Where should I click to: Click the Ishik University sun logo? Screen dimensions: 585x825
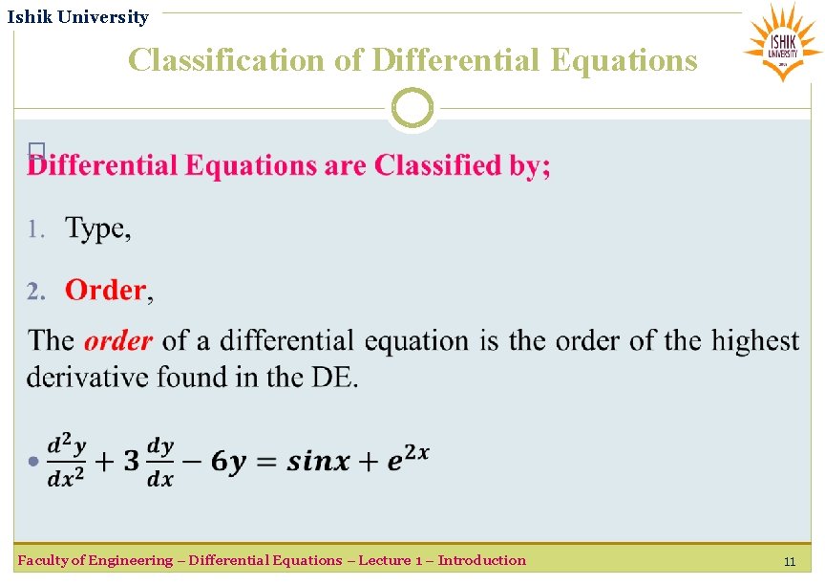(782, 40)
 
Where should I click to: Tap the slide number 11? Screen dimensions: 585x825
(789, 562)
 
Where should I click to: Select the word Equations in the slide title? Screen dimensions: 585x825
(624, 60)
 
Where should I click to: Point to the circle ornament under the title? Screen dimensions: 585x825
(412, 108)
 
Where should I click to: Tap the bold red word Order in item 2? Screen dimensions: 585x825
(105, 290)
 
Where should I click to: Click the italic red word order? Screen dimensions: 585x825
(118, 341)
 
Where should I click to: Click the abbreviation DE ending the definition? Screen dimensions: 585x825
(331, 377)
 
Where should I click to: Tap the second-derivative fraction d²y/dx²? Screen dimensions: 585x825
(67, 460)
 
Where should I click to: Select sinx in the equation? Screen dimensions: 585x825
(319, 462)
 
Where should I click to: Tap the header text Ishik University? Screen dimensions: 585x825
(78, 17)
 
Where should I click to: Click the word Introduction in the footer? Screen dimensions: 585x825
(481, 560)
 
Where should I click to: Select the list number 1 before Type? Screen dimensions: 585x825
(35, 229)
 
